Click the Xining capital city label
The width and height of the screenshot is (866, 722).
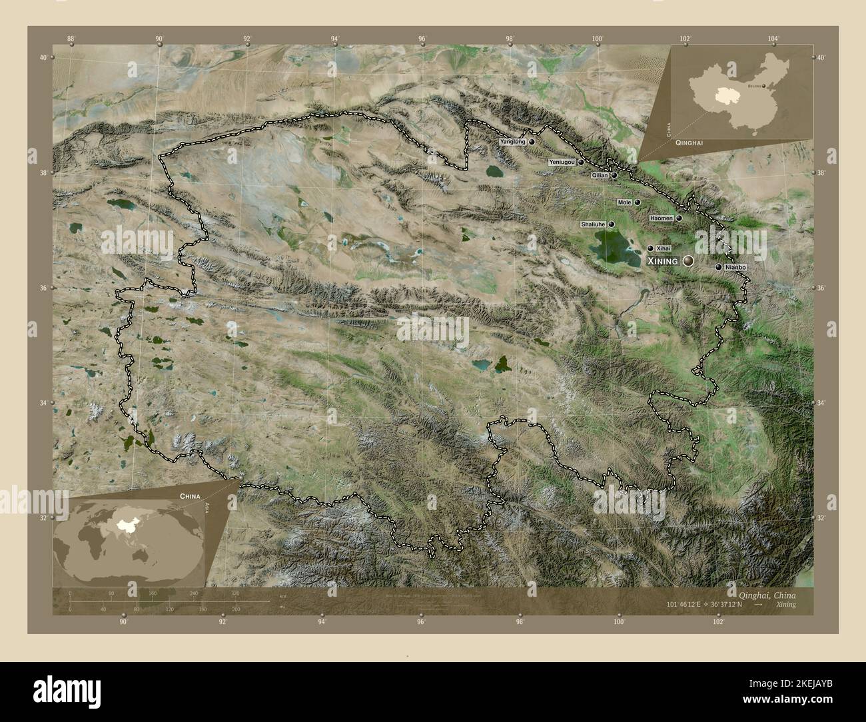662,261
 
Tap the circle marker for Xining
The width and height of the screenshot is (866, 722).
688,261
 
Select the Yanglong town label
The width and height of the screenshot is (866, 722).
513,142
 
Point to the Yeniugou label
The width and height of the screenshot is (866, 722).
562,162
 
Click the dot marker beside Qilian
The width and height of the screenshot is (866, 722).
614,176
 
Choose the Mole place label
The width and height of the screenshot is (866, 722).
624,202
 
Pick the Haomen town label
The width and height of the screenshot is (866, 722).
661,218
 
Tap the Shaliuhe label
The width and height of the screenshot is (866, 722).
593,224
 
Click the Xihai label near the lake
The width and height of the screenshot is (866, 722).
662,248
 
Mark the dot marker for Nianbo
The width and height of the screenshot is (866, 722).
718,267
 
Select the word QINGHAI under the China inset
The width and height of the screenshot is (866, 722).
688,143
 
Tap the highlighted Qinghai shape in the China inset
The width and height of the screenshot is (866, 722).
718,95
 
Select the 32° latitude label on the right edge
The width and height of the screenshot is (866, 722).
821,518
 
